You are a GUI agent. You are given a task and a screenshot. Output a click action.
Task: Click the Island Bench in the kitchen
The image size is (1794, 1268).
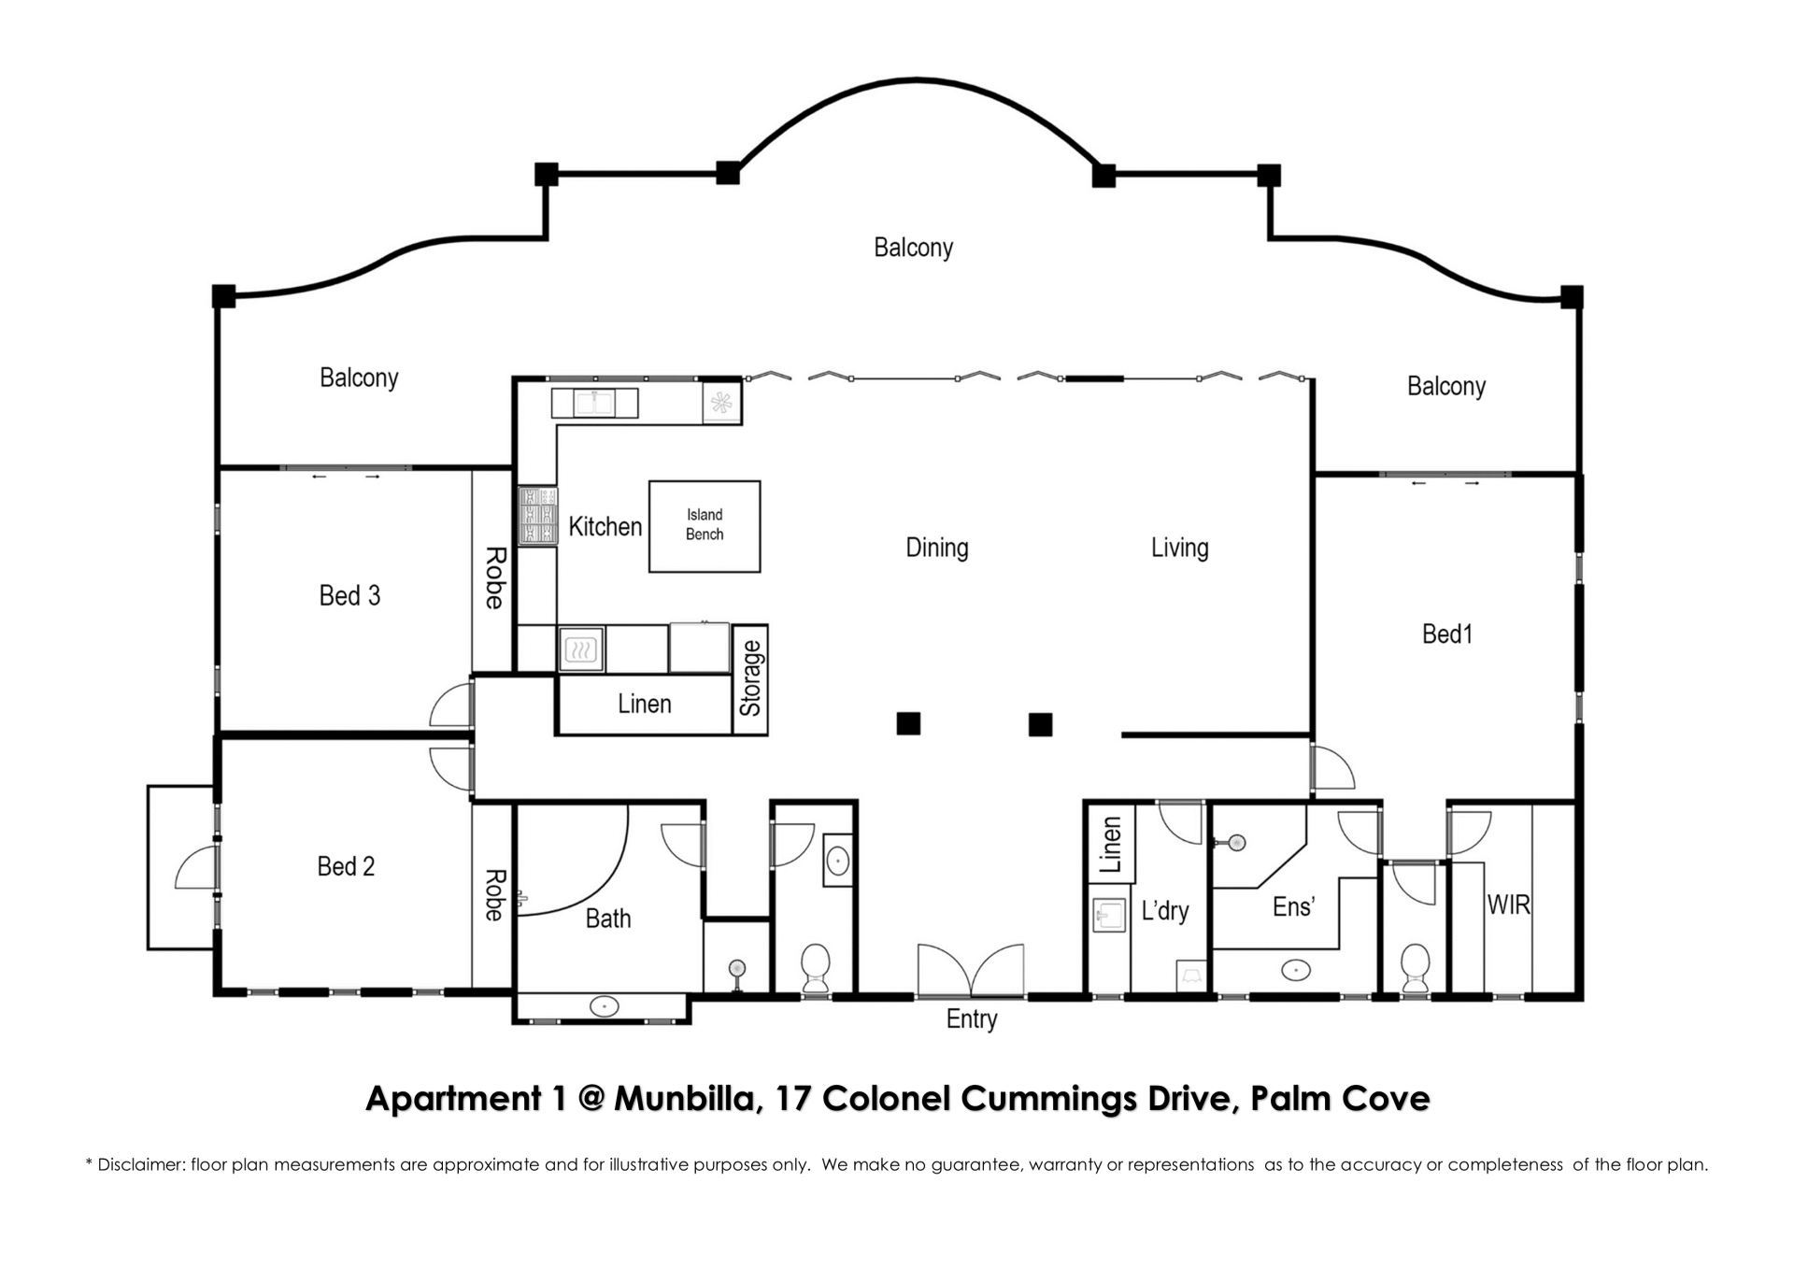(705, 526)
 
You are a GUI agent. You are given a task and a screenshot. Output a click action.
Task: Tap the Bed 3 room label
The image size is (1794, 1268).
(349, 595)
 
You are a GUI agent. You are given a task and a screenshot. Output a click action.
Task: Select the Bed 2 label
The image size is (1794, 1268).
(346, 866)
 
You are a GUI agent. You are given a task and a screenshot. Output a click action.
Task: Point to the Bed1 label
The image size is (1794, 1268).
(1446, 634)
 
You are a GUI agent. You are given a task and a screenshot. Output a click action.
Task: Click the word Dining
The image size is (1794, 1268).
(936, 548)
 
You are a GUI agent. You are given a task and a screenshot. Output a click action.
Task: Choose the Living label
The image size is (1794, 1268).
(1179, 548)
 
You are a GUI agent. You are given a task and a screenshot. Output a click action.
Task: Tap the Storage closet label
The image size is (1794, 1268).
(751, 678)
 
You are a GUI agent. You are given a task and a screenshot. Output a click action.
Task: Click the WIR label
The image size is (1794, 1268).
(1508, 905)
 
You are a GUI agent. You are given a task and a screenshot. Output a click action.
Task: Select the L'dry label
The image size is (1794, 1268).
(1165, 910)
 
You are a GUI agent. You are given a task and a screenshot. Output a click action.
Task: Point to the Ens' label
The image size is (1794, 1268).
(1294, 906)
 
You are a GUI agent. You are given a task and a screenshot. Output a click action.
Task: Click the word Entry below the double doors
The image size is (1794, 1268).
(972, 1019)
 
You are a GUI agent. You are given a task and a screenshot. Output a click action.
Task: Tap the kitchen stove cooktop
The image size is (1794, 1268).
(537, 515)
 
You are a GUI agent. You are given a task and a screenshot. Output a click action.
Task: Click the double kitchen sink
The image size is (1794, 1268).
(594, 404)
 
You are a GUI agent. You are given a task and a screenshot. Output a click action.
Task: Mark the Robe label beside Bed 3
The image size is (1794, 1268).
(495, 577)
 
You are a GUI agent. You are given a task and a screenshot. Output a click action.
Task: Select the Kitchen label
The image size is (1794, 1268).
(605, 527)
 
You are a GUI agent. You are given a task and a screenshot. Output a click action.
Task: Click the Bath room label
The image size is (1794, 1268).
(608, 919)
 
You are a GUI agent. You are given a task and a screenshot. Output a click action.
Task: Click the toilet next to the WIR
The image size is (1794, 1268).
(1415, 967)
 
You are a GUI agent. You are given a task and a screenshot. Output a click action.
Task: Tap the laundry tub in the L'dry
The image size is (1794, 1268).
(1110, 915)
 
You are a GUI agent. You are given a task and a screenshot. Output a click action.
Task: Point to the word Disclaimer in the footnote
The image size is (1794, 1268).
(140, 1165)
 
